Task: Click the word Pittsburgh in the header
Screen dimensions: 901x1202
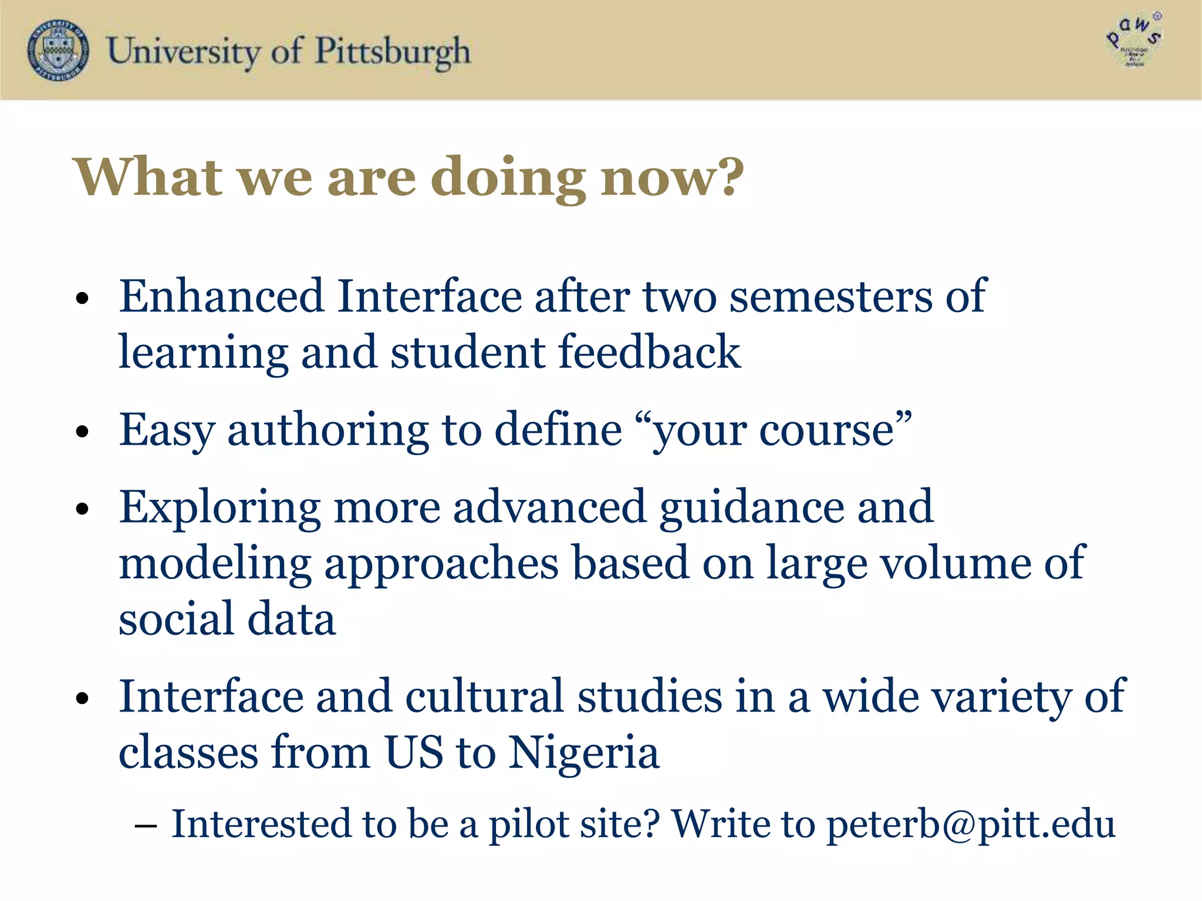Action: (x=393, y=52)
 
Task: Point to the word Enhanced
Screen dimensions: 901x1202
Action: (x=221, y=296)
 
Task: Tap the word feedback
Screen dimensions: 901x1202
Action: (x=650, y=352)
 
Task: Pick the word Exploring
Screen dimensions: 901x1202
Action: (x=220, y=508)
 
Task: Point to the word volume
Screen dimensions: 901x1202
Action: (x=956, y=563)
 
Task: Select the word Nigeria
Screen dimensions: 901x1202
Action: (x=583, y=753)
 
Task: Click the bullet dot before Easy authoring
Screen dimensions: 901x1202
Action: (x=82, y=432)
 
